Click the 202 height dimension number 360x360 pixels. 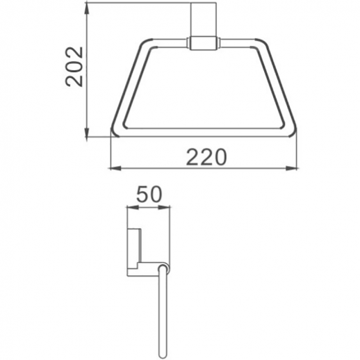click(74, 65)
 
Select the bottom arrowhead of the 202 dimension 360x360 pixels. click(88, 135)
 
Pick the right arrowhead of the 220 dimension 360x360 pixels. click(296, 167)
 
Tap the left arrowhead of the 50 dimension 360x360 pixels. click(128, 206)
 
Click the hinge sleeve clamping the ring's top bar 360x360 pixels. click(203, 43)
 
